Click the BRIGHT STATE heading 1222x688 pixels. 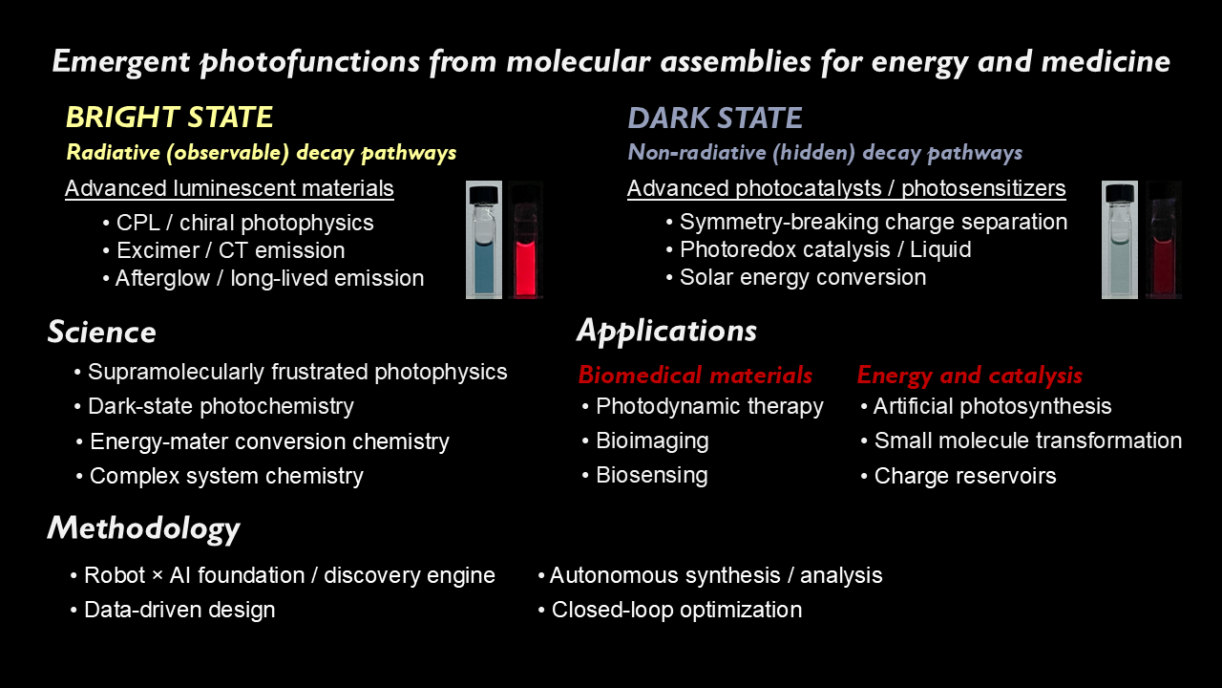[x=169, y=118]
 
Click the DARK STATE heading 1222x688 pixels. [x=714, y=118]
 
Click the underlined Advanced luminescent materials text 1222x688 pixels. [x=229, y=188]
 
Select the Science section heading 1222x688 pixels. [x=101, y=333]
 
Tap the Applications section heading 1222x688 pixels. [x=666, y=331]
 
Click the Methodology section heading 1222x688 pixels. [x=143, y=528]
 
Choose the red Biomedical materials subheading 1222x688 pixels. [x=695, y=375]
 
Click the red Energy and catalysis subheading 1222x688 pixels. [x=969, y=375]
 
